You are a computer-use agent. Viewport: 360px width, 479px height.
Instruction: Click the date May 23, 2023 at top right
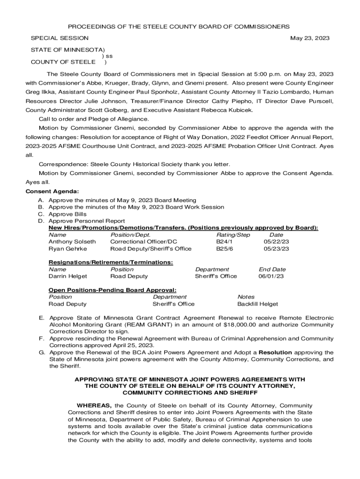pyautogui.click(x=310, y=38)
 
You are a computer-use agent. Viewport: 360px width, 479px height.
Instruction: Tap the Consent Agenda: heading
pyautogui.click(x=52, y=191)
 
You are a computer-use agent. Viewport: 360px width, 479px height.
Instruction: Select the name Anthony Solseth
pyautogui.click(x=72, y=241)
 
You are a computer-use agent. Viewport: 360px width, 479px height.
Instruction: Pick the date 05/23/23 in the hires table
pyautogui.click(x=276, y=248)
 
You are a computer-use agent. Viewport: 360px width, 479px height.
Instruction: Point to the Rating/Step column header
pyautogui.click(x=233, y=235)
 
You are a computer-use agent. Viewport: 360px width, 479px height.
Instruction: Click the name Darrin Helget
pyautogui.click(x=68, y=276)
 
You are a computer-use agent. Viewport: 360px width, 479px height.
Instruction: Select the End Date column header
pyautogui.click(x=272, y=269)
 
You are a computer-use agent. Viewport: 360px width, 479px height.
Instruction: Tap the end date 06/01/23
pyautogui.click(x=271, y=276)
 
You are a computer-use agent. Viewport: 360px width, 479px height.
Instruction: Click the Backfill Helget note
pyautogui.click(x=258, y=304)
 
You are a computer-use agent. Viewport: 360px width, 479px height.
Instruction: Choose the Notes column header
pyautogui.click(x=246, y=297)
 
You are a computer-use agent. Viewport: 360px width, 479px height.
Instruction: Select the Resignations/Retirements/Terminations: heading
pyautogui.click(x=111, y=262)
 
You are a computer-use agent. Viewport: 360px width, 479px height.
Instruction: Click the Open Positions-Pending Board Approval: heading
pyautogui.click(x=112, y=290)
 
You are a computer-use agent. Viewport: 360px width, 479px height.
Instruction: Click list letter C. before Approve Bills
pyautogui.click(x=41, y=214)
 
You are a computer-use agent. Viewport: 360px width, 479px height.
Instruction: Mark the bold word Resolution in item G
pyautogui.click(x=275, y=352)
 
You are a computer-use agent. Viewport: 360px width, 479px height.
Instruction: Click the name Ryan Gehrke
pyautogui.click(x=68, y=248)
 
